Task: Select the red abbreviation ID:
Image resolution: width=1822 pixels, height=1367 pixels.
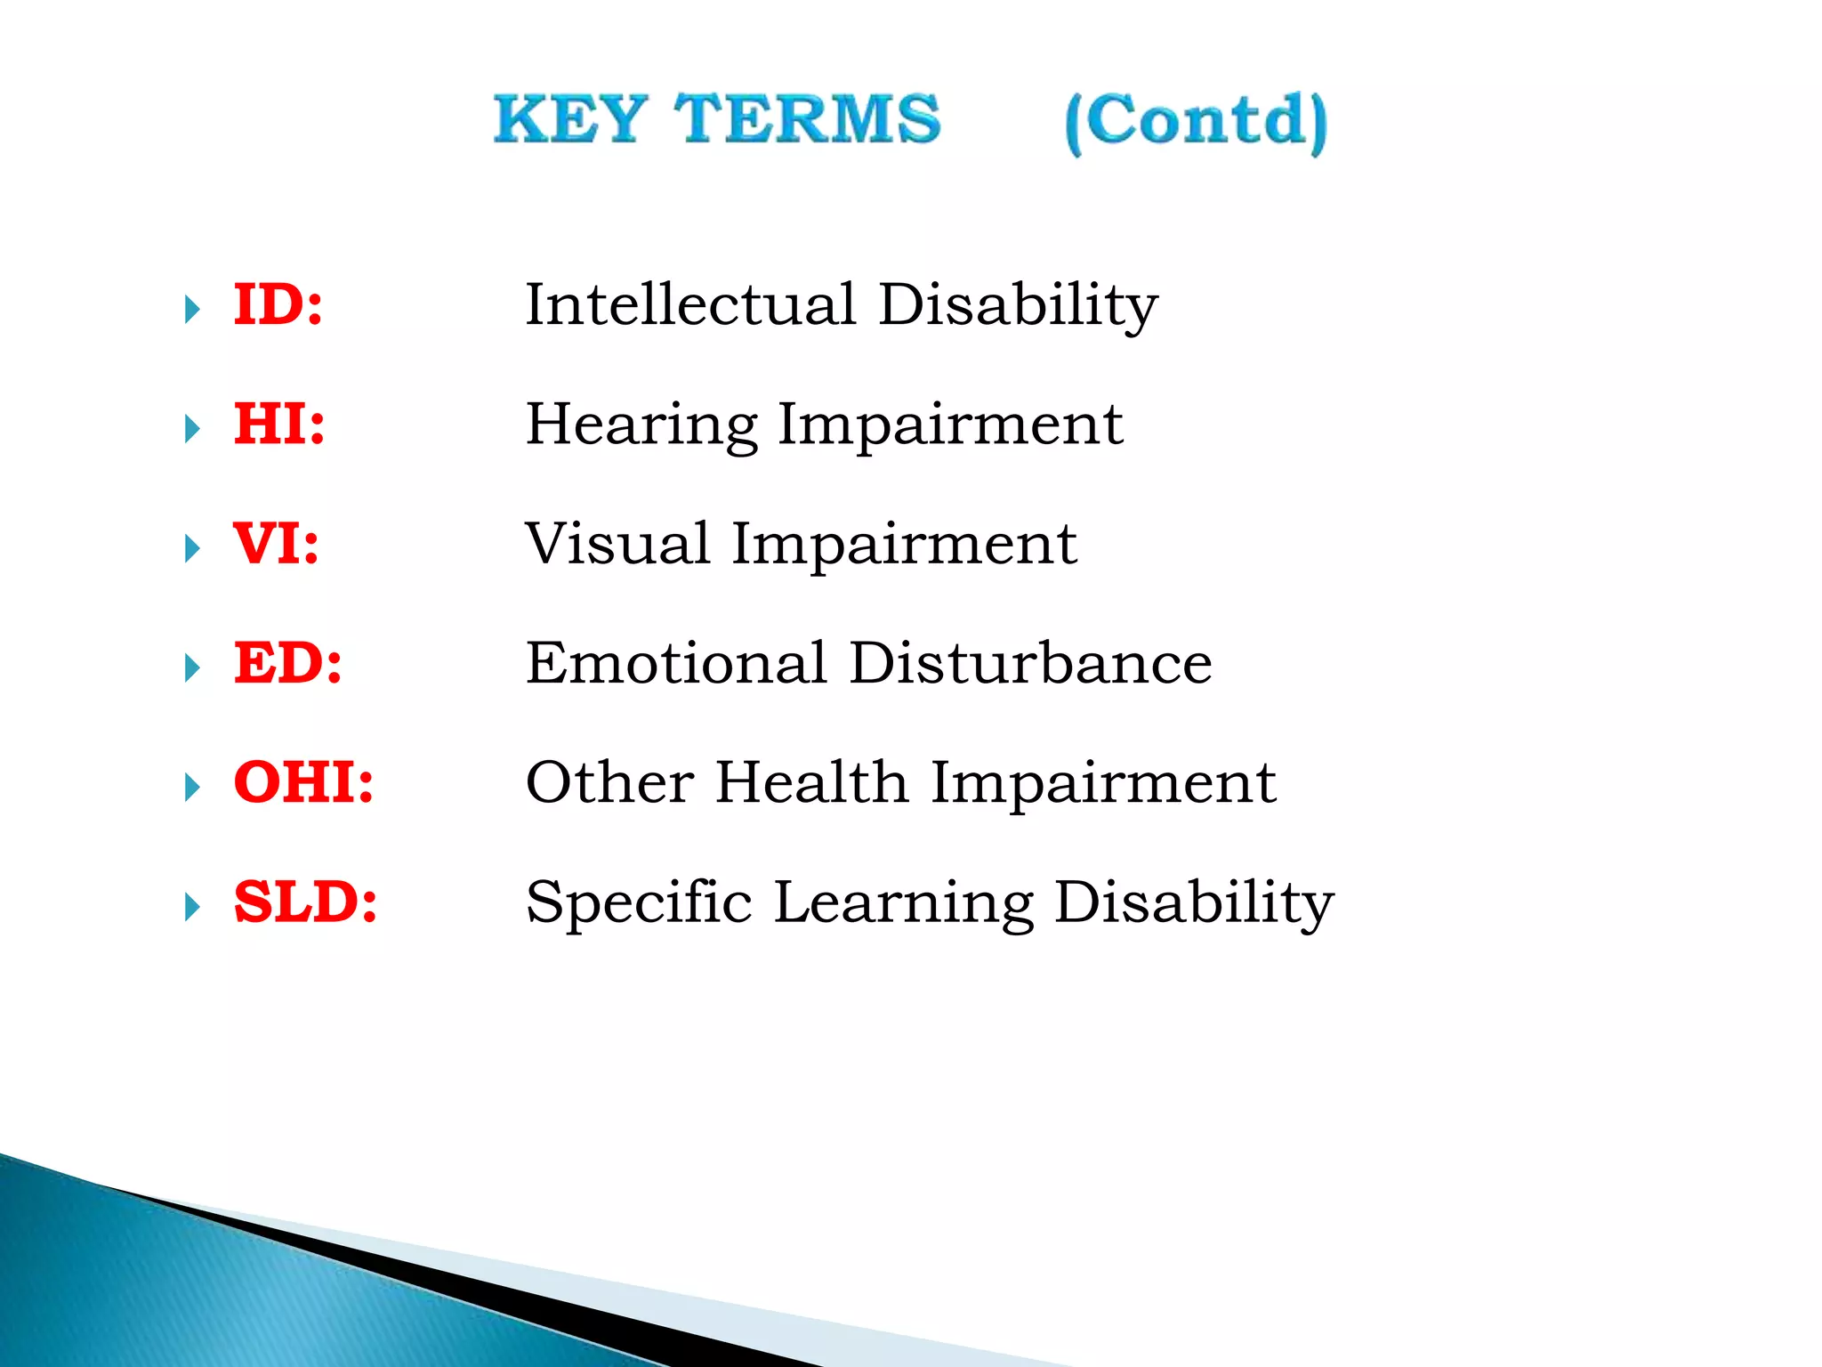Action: coord(278,304)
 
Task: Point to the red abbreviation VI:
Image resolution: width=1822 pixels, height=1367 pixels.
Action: coord(276,544)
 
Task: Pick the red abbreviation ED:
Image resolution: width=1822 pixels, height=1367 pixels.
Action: coord(287,663)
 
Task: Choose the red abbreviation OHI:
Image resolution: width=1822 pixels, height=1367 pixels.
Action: coord(303,782)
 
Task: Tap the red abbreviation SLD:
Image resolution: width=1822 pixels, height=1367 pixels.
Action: coord(305,902)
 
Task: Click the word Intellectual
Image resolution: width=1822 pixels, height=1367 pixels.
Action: coord(690,304)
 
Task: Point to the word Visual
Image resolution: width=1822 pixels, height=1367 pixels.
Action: coord(617,544)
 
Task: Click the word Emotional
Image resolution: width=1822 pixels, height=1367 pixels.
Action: coord(676,663)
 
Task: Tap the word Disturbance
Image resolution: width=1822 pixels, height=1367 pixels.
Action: coord(1030,663)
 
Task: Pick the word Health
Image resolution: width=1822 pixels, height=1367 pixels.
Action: coord(811,782)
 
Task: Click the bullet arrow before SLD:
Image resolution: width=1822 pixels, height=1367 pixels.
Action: coord(192,908)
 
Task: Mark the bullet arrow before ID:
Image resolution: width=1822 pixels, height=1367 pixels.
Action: coord(192,310)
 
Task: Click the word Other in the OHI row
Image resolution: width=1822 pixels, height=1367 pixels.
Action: coord(609,782)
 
